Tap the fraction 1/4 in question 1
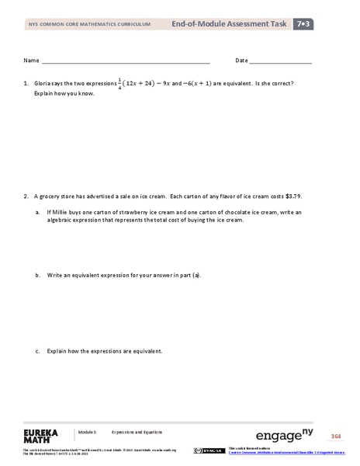coord(120,82)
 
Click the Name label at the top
coord(31,61)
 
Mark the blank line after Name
coord(125,62)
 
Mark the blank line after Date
coord(281,62)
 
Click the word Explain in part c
coord(59,351)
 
